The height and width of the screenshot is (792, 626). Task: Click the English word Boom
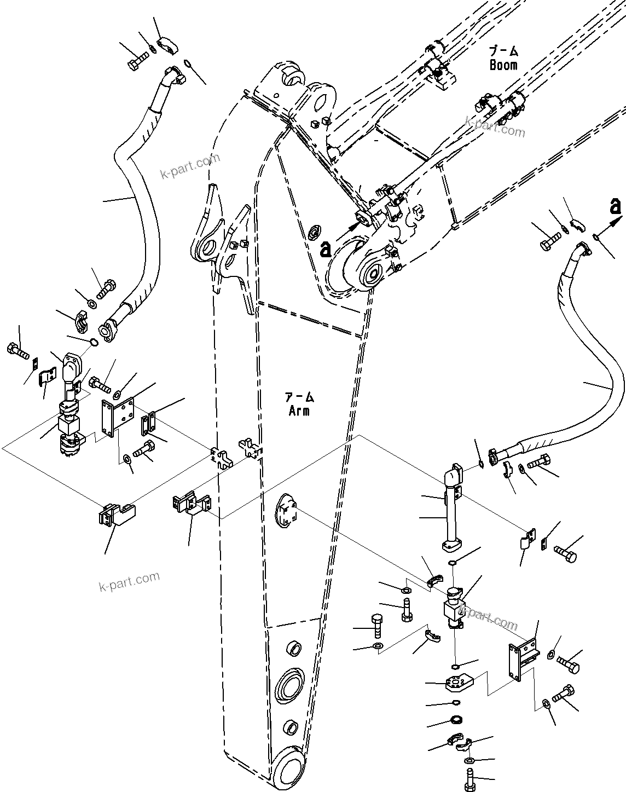[x=503, y=65]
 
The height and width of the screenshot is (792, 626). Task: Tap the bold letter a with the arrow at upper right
[x=616, y=206]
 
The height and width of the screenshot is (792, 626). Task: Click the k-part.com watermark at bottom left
[x=129, y=581]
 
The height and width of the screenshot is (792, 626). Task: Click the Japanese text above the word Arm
[x=299, y=396]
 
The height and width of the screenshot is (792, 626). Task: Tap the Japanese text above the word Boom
[x=503, y=51]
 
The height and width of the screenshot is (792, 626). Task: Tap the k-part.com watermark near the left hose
[x=190, y=166]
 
